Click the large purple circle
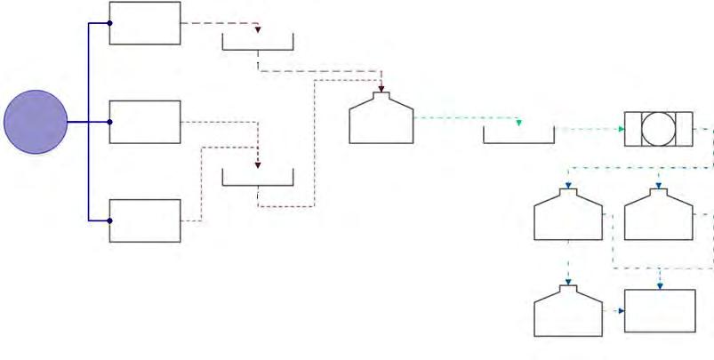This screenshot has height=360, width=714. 36,123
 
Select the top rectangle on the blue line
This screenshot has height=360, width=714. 144,23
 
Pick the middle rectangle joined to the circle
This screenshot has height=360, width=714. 144,123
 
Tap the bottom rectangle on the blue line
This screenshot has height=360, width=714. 144,220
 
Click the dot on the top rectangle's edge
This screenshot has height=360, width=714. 109,23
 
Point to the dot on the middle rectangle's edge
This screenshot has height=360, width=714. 109,123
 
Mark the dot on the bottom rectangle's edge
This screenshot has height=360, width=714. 109,220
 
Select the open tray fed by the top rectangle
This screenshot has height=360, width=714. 257,43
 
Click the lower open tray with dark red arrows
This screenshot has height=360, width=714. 257,178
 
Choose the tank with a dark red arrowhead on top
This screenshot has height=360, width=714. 381,120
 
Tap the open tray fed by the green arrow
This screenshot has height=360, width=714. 518,134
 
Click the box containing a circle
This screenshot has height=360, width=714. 658,130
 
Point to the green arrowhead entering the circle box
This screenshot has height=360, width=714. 621,130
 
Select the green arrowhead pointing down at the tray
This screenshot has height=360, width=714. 518,122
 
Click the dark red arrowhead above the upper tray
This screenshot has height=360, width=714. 257,30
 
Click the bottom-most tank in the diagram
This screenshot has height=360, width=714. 567,312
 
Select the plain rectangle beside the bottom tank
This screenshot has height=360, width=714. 660,311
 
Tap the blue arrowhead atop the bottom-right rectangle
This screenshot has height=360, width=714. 660,285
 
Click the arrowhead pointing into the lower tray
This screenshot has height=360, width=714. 257,164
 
